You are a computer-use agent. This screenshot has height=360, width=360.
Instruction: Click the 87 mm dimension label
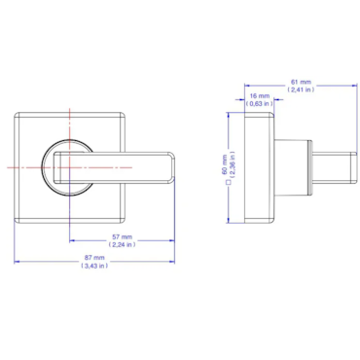[94, 258]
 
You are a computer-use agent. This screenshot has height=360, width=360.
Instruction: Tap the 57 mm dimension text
[123, 237]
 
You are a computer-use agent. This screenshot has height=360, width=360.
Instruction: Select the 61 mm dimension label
[301, 82]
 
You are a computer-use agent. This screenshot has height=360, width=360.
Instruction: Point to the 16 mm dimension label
[260, 96]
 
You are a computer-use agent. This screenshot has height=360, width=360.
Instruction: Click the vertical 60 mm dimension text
[225, 164]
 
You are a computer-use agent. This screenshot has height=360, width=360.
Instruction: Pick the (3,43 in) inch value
[94, 266]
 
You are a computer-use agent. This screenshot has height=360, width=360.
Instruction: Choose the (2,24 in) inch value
[123, 245]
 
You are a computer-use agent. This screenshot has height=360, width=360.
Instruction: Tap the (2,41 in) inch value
[301, 90]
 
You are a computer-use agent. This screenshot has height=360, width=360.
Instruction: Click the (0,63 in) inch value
[260, 104]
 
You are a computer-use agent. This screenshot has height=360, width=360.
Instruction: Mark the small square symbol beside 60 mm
[228, 182]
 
